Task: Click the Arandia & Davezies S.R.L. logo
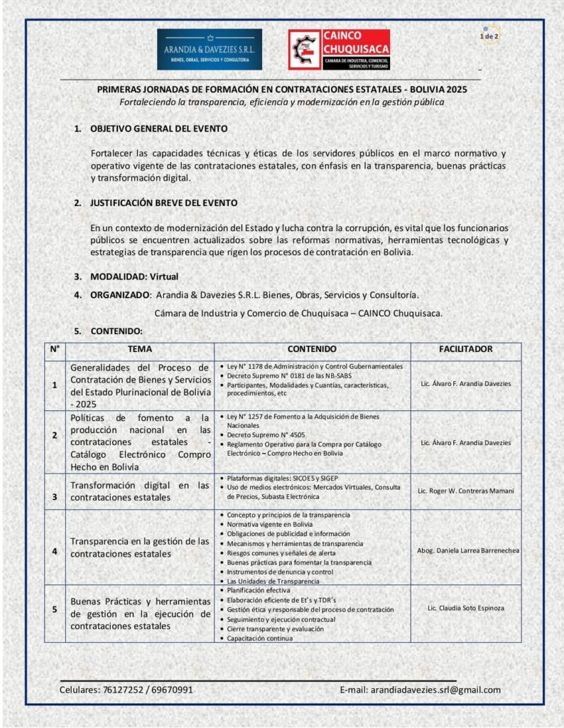coord(209,49)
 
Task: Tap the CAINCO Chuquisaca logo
coord(339,49)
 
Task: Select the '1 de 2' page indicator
coord(489,36)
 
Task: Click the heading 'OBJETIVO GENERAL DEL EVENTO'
coord(158,129)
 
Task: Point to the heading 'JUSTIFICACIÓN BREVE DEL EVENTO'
coord(163,203)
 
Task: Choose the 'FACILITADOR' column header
coord(465,350)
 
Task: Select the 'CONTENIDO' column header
coord(312,350)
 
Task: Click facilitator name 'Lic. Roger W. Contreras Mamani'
coord(465,491)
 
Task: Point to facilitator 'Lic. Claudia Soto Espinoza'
coord(465,609)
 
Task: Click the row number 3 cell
coord(55,496)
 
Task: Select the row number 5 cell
coord(55,609)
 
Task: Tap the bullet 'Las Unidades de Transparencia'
coord(273,581)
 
